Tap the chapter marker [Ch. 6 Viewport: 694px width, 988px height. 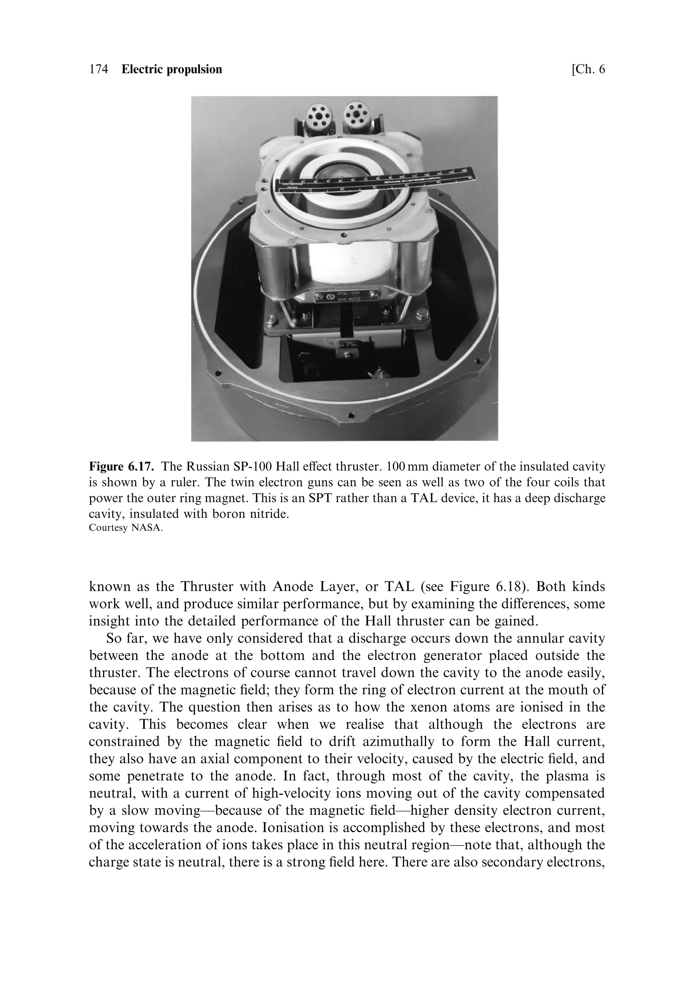click(x=588, y=69)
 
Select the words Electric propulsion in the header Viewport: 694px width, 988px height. click(x=172, y=69)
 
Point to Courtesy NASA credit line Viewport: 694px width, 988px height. click(x=126, y=528)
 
